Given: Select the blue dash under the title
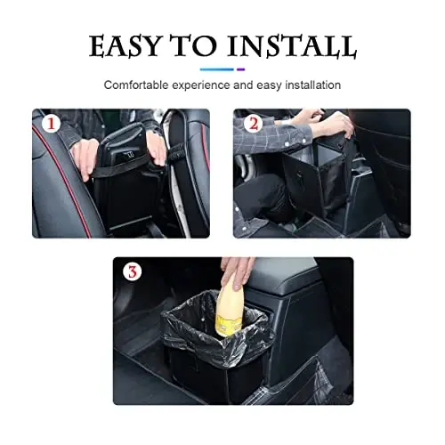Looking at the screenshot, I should [216, 69].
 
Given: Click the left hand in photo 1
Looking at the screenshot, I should [85, 156].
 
